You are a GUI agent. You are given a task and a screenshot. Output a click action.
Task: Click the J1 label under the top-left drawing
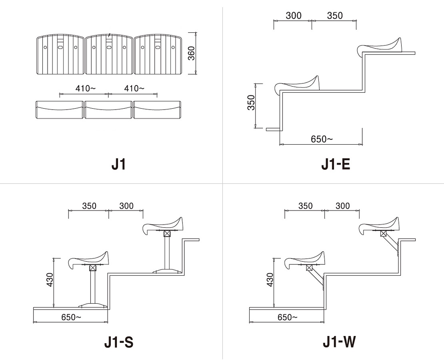[118, 165]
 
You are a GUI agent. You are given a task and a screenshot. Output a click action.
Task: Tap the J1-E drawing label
[336, 165]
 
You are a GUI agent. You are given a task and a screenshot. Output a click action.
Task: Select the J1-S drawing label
[119, 342]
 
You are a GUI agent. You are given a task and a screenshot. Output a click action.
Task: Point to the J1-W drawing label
[339, 342]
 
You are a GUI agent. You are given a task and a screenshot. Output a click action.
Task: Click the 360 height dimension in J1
[192, 53]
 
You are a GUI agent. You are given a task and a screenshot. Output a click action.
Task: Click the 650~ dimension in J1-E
[322, 139]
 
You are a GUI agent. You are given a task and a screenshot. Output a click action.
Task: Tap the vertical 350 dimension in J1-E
[251, 103]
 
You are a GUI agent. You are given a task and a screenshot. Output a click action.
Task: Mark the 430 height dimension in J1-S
[50, 280]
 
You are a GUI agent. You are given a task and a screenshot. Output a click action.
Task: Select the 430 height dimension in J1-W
[270, 280]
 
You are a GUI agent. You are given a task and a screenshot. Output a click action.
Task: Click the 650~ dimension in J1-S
[71, 317]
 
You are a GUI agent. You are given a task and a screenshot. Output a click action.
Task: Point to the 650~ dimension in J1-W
[288, 317]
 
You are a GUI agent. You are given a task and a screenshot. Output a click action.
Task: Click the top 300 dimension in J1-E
[294, 16]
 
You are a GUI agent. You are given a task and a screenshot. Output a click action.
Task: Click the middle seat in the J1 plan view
[109, 55]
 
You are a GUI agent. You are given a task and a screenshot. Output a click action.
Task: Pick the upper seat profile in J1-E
[380, 46]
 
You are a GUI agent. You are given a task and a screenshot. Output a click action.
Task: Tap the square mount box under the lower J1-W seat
[309, 268]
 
